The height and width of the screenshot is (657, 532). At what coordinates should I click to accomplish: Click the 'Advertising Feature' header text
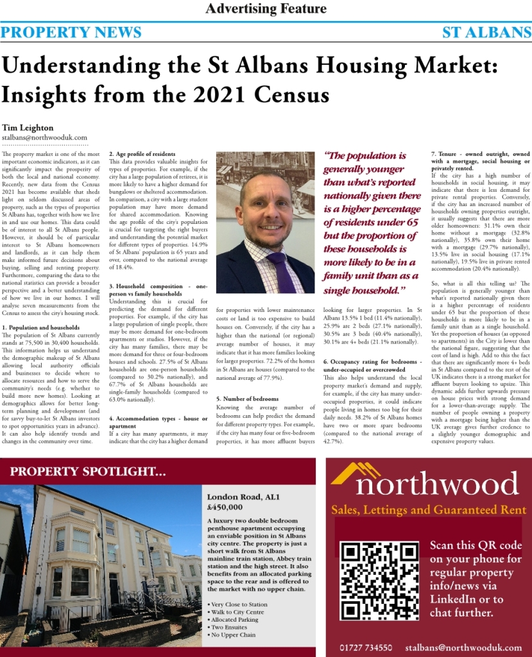tap(266, 9)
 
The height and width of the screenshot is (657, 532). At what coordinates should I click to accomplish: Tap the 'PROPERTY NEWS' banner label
tap(71, 33)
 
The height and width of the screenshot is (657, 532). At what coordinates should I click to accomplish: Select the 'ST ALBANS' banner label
tap(486, 33)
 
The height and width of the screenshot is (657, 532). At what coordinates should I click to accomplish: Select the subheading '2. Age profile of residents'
tap(142, 155)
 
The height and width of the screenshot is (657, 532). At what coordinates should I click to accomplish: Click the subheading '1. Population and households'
tap(41, 328)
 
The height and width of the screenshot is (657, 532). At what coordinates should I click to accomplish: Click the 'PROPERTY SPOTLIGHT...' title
tap(88, 473)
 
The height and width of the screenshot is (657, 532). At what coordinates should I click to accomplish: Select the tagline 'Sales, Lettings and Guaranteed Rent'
tap(428, 511)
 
